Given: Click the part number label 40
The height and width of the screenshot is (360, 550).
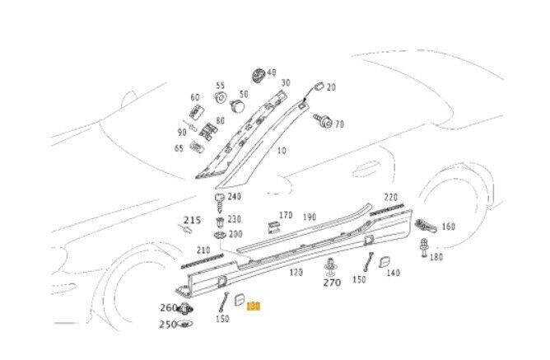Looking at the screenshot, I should (271, 72).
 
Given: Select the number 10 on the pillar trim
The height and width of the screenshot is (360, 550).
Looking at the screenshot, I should (281, 152).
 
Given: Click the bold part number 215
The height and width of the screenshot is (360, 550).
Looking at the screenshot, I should (191, 220).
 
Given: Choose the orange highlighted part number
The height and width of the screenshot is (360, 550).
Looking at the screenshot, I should (254, 306).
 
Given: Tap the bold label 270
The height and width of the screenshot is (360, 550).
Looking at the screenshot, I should (331, 283).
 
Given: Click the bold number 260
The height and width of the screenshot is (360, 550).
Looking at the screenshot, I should (168, 308).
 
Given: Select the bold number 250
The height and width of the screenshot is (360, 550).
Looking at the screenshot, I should (168, 325).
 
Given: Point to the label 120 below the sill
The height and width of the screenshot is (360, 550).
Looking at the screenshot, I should (296, 272).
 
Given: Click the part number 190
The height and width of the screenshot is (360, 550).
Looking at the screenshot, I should (309, 217).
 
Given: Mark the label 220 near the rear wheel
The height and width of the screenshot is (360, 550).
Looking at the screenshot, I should (390, 197).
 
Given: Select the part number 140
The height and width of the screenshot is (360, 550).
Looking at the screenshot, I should (393, 273).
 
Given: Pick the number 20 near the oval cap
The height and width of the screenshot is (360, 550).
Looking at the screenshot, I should (331, 87).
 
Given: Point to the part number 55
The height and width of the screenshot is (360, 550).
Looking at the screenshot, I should (220, 86).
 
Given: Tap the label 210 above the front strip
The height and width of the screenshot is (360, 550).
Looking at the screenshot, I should (203, 250).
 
